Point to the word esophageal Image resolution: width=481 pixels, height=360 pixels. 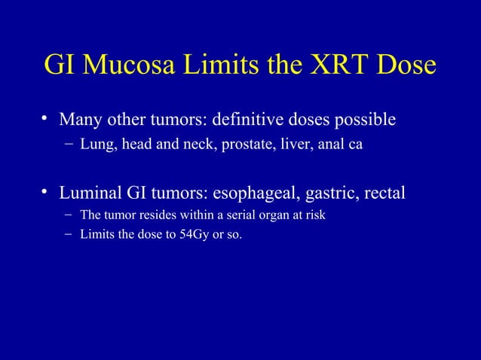256,194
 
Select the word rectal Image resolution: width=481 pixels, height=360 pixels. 385,193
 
